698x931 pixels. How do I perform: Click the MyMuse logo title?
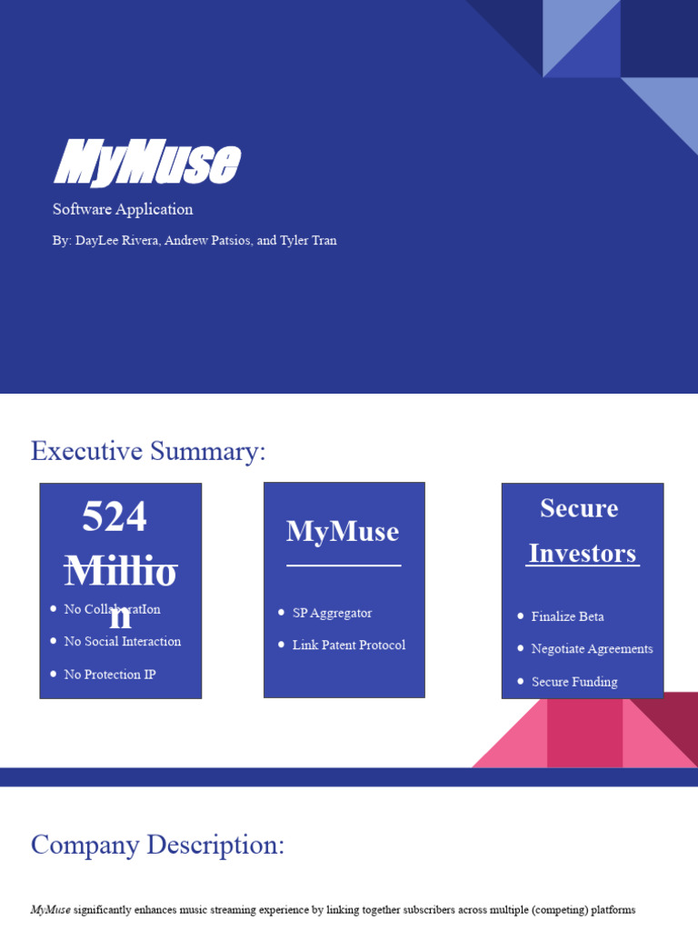[x=146, y=164]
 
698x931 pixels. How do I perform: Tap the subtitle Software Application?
[x=123, y=209]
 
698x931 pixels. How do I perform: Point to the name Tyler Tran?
[x=308, y=241]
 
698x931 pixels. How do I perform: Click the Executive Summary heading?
[x=148, y=451]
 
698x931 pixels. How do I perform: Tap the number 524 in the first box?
[x=115, y=518]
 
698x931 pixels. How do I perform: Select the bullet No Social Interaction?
[x=123, y=642]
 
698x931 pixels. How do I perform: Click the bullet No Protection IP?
[x=110, y=675]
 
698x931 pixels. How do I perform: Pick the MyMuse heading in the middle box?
[x=343, y=532]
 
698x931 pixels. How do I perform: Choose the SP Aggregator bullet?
[x=332, y=614]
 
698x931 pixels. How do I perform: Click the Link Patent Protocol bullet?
[x=349, y=646]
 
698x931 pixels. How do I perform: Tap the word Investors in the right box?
[x=583, y=554]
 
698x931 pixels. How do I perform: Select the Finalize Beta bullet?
[x=567, y=617]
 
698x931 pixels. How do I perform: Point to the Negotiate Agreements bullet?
[x=592, y=649]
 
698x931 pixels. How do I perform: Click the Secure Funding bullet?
[x=574, y=682]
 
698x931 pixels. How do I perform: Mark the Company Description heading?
[x=157, y=846]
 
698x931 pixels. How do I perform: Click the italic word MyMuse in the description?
[x=51, y=909]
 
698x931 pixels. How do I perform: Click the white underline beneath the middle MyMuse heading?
[x=344, y=566]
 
